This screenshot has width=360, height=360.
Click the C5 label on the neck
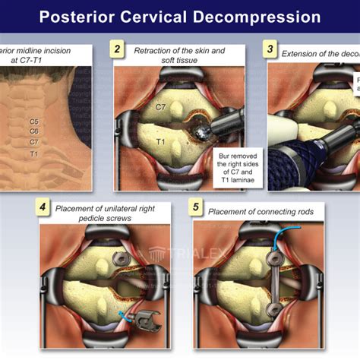tap(34, 122)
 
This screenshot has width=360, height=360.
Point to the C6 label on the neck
tap(34, 131)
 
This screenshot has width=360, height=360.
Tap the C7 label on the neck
tap(34, 142)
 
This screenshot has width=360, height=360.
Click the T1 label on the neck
tap(34, 154)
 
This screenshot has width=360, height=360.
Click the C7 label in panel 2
tap(160, 108)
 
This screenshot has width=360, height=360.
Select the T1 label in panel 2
tap(160, 142)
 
